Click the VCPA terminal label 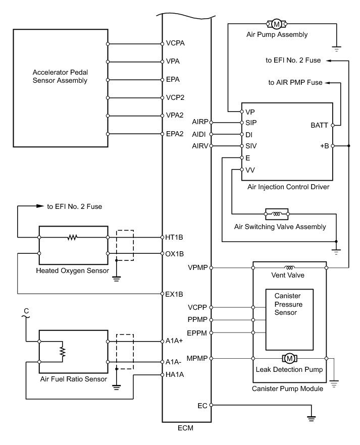click(175, 43)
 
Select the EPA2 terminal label click(175, 134)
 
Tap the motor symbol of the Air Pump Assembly click(276, 24)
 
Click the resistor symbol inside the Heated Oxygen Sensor click(73, 237)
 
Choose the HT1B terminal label click(174, 237)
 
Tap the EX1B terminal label click(174, 294)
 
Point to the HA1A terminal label click(175, 374)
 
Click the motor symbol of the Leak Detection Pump click(290, 358)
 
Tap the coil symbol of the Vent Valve click(289, 267)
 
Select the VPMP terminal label click(197, 267)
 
